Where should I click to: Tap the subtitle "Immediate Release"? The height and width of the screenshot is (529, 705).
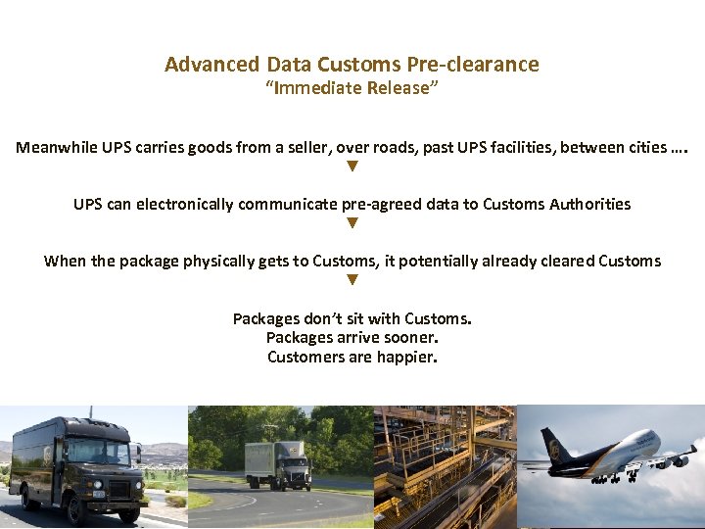[x=352, y=88]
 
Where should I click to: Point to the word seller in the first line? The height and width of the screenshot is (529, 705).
[x=304, y=148]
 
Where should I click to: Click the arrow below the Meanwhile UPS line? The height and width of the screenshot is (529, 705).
[x=352, y=167]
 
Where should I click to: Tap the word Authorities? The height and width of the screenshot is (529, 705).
[x=589, y=205]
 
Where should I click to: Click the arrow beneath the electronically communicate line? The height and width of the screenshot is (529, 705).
[x=352, y=223]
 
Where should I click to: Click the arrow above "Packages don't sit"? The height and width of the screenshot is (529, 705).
[x=352, y=280]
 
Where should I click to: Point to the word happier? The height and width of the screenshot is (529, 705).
[x=406, y=358]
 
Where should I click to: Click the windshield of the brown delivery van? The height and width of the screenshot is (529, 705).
[x=98, y=453]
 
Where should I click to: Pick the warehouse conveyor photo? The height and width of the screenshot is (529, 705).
[x=446, y=467]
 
